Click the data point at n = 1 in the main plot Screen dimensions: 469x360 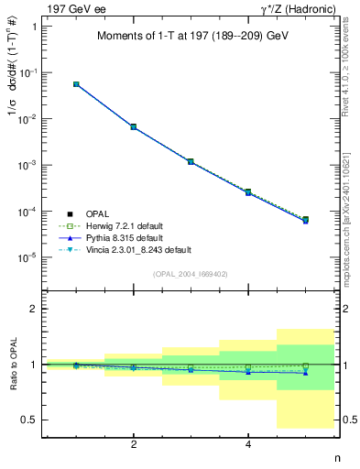pyautogui.click(x=76, y=84)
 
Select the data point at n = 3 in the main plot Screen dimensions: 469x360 pyautogui.click(x=191, y=161)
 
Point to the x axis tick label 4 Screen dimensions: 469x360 pyautogui.click(x=248, y=445)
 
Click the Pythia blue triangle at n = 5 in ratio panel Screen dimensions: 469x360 pyautogui.click(x=305, y=373)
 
